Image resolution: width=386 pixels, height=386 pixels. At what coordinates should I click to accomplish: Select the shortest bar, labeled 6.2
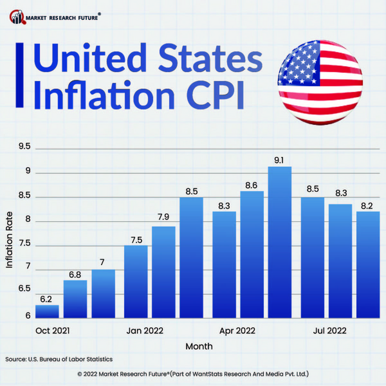pos(47,311)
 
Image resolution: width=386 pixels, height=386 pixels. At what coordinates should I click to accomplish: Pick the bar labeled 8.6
pos(252,254)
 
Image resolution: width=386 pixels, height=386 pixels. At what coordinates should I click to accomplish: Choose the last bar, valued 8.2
pos(368,264)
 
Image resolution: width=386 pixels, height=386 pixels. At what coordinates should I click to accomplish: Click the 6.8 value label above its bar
pos(75,275)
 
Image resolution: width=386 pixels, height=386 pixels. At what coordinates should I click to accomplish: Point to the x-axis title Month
pos(199,346)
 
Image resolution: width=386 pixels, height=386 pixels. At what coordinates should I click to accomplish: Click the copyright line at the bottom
pos(193,373)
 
